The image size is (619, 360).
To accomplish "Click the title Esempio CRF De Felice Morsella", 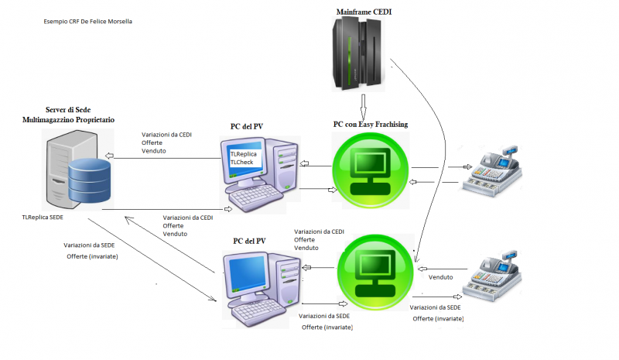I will click(x=88, y=22).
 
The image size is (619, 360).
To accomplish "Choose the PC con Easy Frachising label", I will click(x=371, y=124).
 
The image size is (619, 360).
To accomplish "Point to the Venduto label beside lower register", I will click(x=440, y=276).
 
